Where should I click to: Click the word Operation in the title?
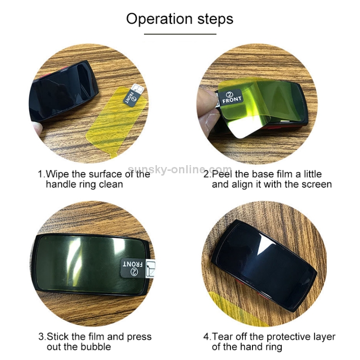[159, 19]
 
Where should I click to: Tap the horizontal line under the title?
[180, 34]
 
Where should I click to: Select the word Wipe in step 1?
[58, 174]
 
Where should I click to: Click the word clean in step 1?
[111, 184]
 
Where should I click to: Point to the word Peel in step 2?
[222, 174]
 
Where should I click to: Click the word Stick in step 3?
[58, 337]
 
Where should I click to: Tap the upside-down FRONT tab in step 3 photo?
[132, 268]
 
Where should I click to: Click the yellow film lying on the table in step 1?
[116, 123]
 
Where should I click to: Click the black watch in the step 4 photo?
[264, 264]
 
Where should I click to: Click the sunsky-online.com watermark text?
[180, 169]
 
